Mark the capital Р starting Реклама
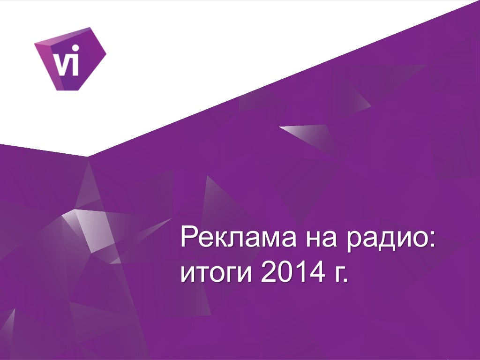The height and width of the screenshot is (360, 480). (x=189, y=237)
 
